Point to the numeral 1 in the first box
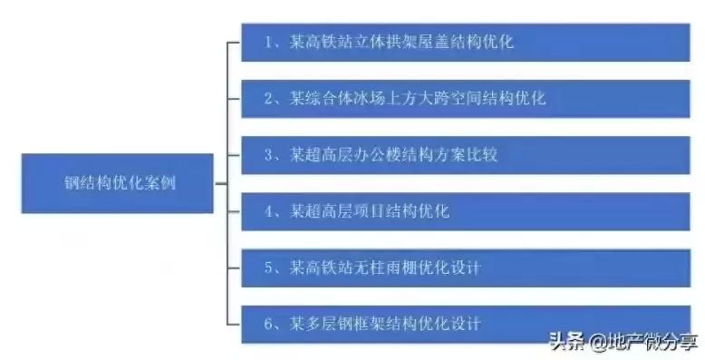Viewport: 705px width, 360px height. pos(267,42)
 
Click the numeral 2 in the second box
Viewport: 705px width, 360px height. pos(267,99)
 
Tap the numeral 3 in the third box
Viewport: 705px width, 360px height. pos(267,156)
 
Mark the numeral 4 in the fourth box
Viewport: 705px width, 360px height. pos(267,212)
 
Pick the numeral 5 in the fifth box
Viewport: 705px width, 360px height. pos(267,268)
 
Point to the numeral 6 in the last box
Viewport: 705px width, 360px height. pos(267,324)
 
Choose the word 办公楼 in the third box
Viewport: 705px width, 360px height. pos(371,156)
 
